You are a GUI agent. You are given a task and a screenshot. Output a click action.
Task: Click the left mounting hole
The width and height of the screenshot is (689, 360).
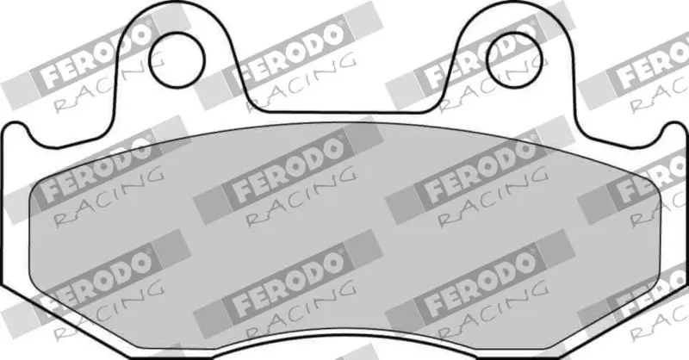point(177,59)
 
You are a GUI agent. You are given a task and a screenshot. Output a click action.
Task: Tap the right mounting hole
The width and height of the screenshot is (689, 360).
point(514,59)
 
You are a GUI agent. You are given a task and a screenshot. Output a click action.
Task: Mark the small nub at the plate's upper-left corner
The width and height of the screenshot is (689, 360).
point(15,128)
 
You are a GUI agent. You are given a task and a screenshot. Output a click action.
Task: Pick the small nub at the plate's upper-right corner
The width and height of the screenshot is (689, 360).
point(675,128)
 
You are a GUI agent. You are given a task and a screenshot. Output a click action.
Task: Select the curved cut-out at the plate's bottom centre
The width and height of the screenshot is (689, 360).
point(345,336)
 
